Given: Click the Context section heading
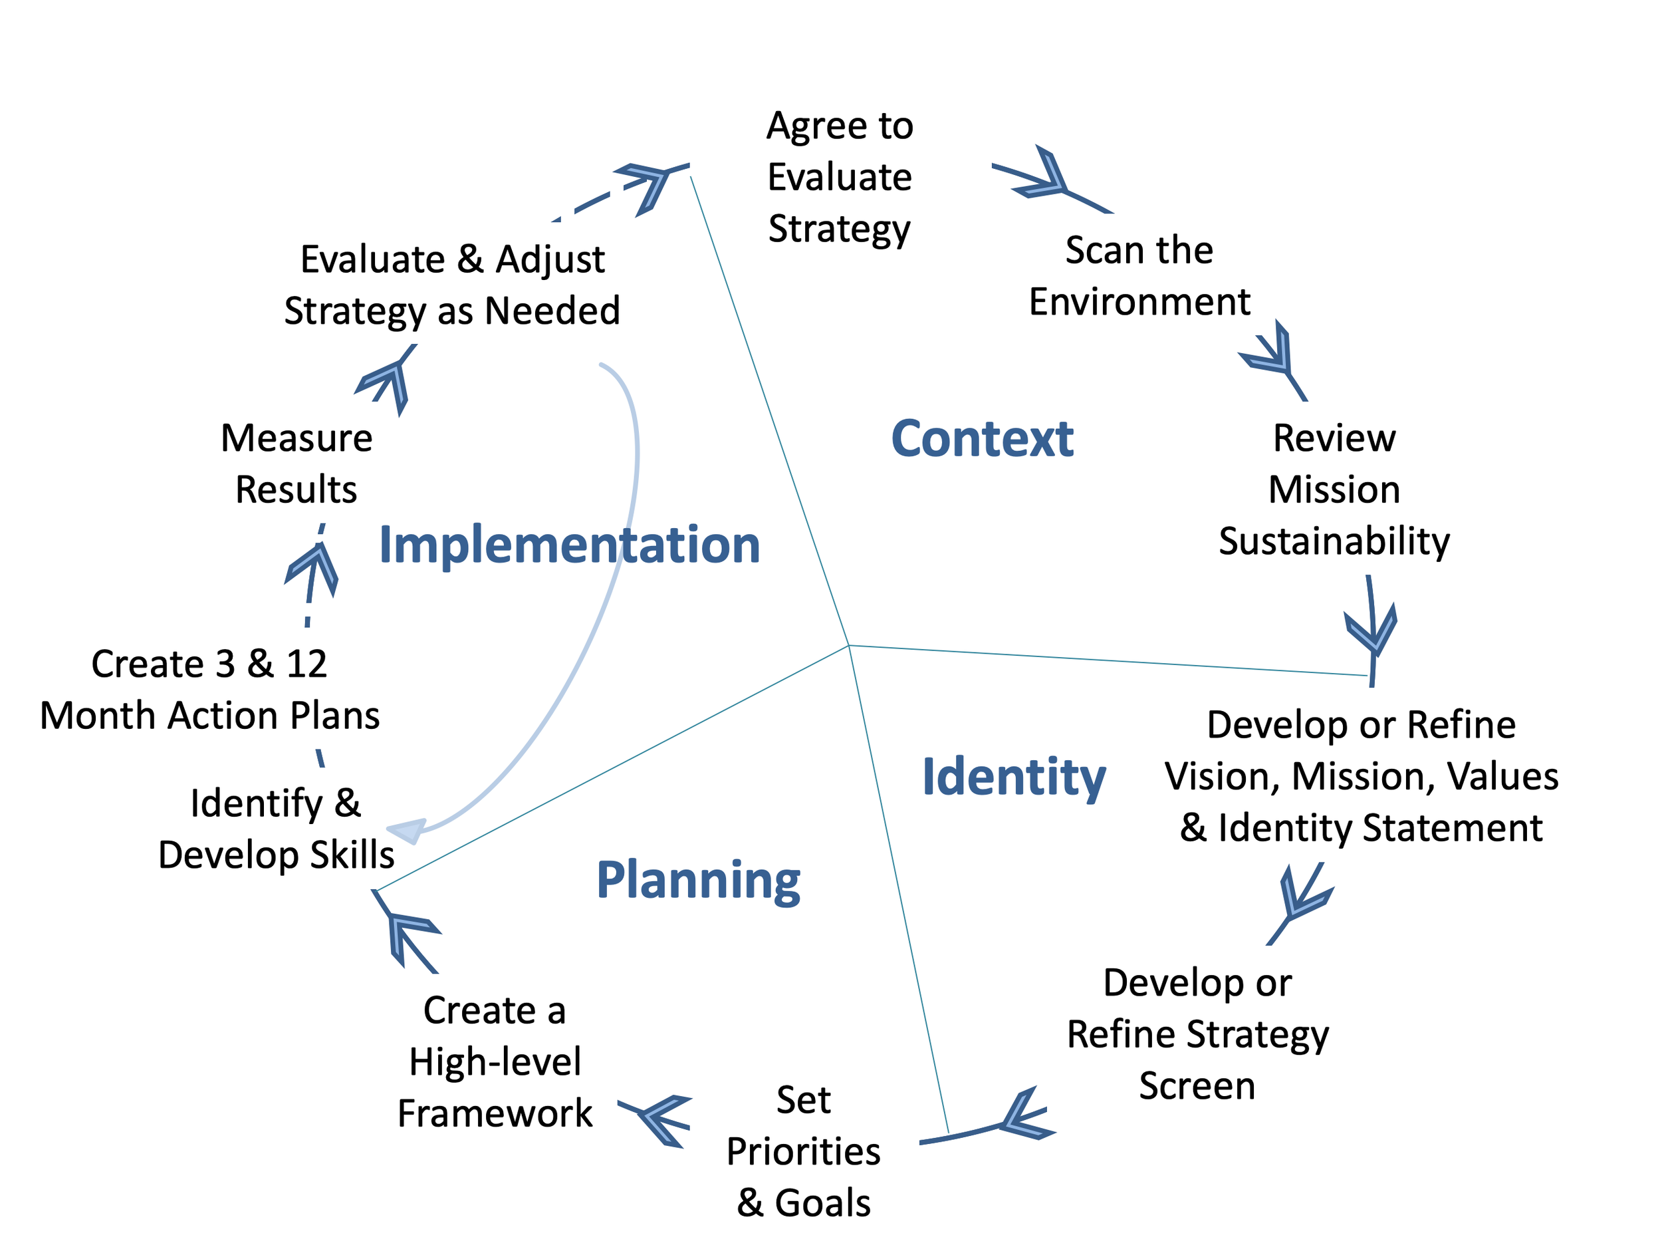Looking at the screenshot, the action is click(x=982, y=439).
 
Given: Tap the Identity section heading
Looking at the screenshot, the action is click(x=1014, y=778).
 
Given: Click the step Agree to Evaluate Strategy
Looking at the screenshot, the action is click(x=840, y=178).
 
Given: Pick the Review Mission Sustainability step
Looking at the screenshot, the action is click(x=1334, y=489).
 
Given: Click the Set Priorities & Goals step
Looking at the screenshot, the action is click(x=803, y=1151).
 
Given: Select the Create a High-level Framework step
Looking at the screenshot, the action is click(x=495, y=1061).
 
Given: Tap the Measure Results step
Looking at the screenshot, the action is click(x=297, y=464).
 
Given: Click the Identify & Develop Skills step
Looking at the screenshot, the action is click(x=276, y=829).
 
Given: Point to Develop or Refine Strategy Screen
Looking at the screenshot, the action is click(x=1198, y=1034).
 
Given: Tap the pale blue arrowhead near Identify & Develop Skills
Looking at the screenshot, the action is click(x=406, y=831).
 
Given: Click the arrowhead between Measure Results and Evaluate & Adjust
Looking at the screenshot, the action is click(x=385, y=385).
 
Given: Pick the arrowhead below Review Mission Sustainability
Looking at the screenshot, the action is click(x=1371, y=628).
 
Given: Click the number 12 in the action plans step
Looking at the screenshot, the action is click(x=306, y=664).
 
